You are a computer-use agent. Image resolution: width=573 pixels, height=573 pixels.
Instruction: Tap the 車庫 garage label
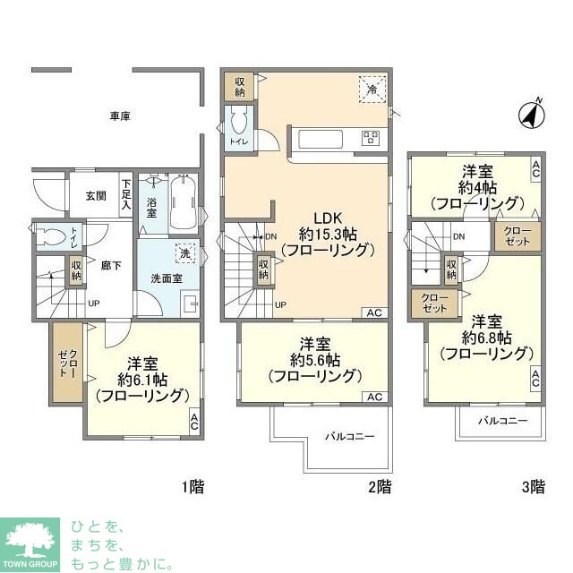click(x=121, y=116)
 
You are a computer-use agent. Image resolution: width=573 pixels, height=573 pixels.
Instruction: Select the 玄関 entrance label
click(x=97, y=196)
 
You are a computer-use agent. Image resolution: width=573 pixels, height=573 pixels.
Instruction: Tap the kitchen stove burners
click(x=372, y=138)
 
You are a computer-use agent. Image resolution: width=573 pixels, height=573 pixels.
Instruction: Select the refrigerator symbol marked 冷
click(x=370, y=87)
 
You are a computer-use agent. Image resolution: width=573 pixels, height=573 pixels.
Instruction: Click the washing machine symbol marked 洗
click(x=184, y=254)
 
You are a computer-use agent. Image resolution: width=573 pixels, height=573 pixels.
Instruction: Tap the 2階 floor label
click(x=379, y=487)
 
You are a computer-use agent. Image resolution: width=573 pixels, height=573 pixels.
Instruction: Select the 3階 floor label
click(x=533, y=487)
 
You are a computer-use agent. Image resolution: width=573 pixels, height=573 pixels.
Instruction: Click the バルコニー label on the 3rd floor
click(x=501, y=420)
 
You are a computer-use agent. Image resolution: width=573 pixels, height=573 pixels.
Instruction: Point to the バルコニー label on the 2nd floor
click(x=349, y=436)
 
